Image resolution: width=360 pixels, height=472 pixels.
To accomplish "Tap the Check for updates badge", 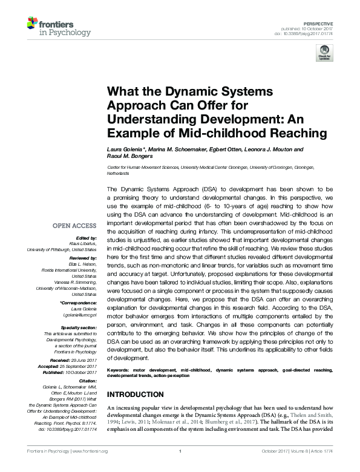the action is [x=325, y=52].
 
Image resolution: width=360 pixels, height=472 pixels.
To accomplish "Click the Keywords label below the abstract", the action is [x=120, y=369].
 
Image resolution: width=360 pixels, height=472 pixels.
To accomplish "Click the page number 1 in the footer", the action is [x=180, y=468].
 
